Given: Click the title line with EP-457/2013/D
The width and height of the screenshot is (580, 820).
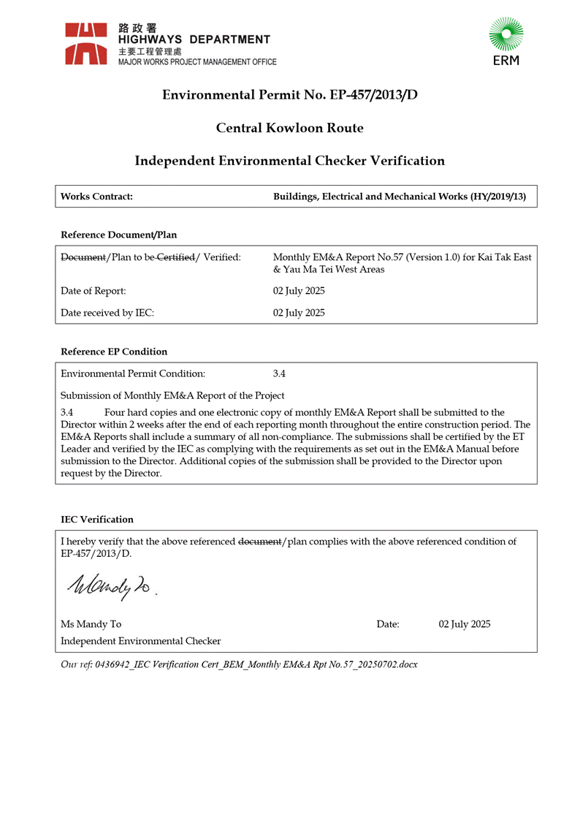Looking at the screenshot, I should (289, 95).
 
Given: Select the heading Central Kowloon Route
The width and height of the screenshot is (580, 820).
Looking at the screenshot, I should (289, 128).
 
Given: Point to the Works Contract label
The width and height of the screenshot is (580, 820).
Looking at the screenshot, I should (96, 197).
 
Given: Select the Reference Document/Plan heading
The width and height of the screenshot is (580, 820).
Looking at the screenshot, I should (118, 235).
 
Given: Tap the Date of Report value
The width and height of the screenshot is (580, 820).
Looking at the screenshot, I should (299, 291).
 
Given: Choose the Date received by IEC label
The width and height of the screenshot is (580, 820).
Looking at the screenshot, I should (107, 313).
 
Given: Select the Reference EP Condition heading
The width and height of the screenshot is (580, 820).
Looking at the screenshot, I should (114, 352).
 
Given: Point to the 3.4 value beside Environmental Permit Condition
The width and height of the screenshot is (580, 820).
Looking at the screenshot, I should (279, 373).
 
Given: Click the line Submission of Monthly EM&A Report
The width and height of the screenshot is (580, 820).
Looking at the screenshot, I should (172, 395).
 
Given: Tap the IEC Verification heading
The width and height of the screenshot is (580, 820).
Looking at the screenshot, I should (97, 520).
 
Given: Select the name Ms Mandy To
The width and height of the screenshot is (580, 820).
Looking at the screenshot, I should (91, 624).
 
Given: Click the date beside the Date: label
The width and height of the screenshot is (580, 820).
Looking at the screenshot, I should (465, 624).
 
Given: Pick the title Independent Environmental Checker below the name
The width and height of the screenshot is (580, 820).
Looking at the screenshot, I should (140, 641).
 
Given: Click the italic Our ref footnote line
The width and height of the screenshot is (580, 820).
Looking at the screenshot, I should (239, 664).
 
